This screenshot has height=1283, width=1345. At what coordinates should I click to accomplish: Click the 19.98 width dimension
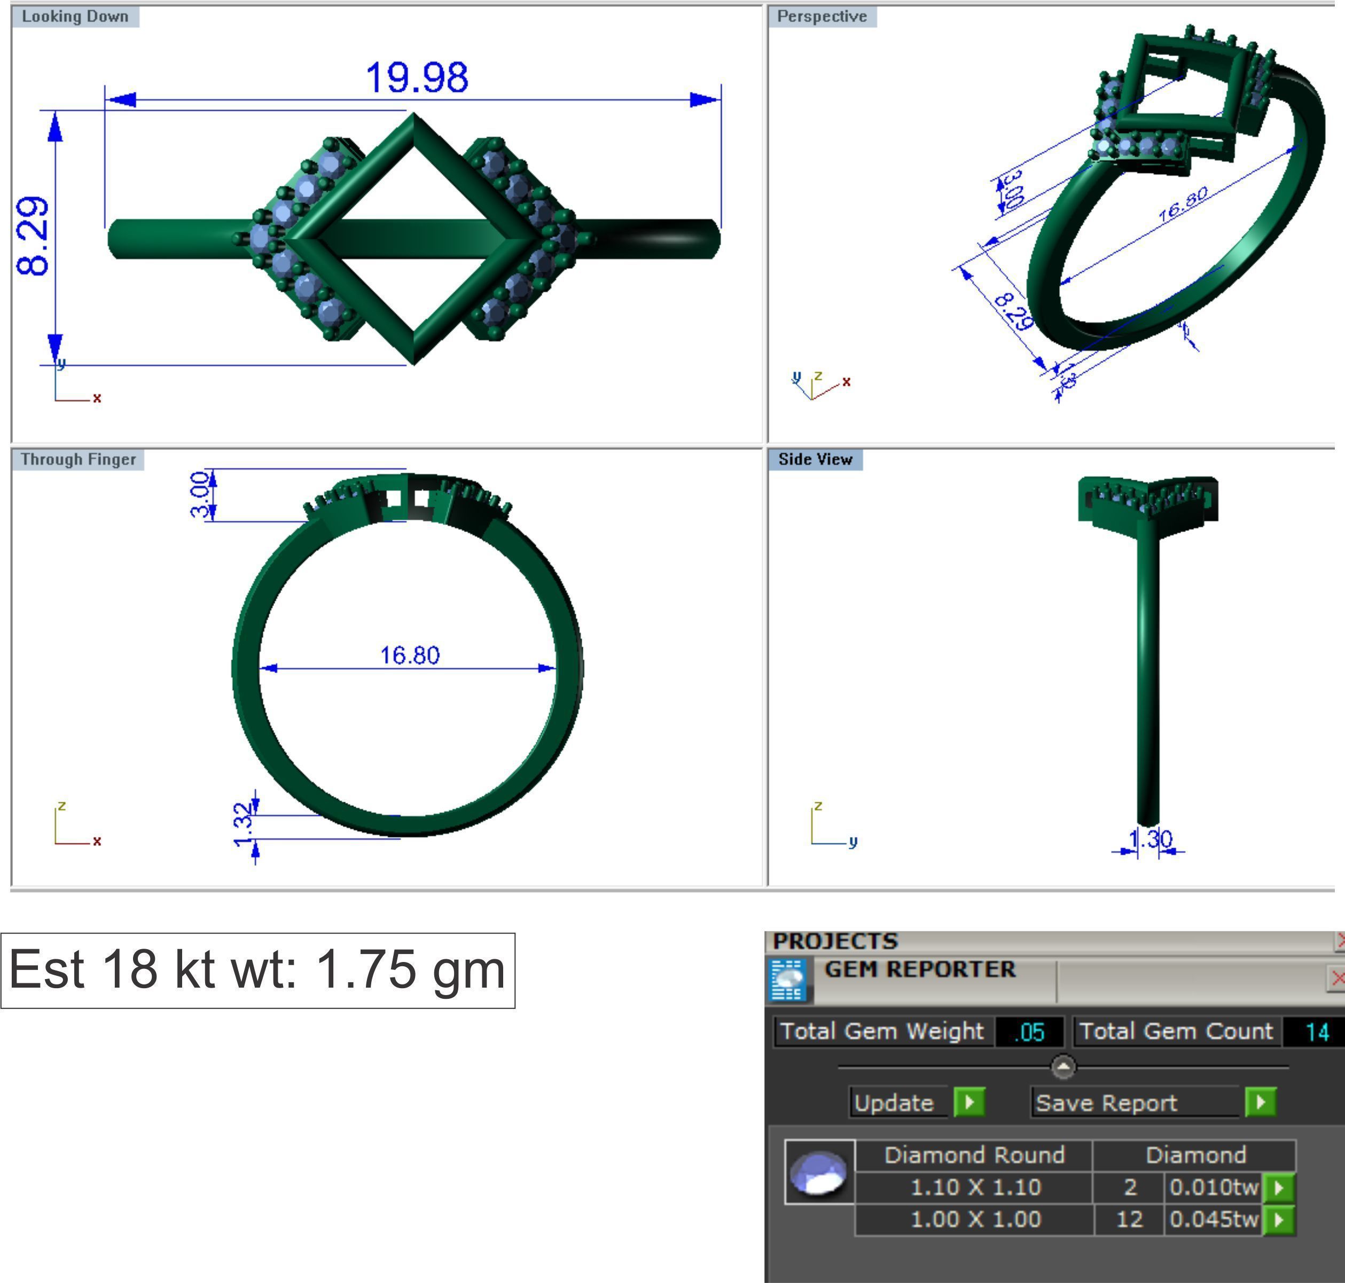click(417, 77)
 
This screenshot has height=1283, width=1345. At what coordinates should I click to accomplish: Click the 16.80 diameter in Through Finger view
click(410, 655)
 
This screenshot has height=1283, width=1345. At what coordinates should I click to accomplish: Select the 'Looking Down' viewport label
click(75, 17)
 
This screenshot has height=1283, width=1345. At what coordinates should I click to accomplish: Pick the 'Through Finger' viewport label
click(78, 459)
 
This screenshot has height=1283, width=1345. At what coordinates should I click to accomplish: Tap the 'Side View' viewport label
click(815, 459)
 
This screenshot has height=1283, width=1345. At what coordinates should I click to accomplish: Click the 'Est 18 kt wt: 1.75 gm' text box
click(257, 970)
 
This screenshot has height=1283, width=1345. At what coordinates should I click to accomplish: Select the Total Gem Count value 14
click(1316, 1031)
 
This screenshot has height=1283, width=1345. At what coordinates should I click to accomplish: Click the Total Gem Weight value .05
click(1029, 1031)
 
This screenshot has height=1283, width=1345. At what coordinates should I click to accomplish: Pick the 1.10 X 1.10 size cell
click(975, 1186)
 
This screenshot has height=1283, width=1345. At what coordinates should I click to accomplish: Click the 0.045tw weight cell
click(1213, 1219)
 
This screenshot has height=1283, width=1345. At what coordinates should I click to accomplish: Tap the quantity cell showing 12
click(1129, 1219)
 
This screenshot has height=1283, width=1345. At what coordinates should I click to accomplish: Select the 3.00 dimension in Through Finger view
click(200, 495)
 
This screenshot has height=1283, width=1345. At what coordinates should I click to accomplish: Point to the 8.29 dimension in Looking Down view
click(33, 236)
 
